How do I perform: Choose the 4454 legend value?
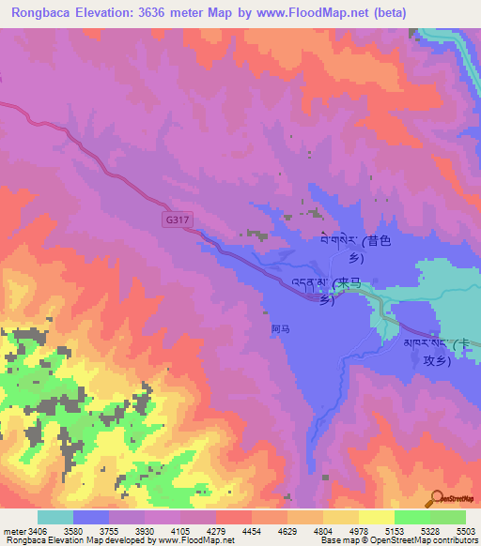pos(224,531)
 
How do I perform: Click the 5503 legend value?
pos(464,531)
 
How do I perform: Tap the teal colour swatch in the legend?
pos(54,517)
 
